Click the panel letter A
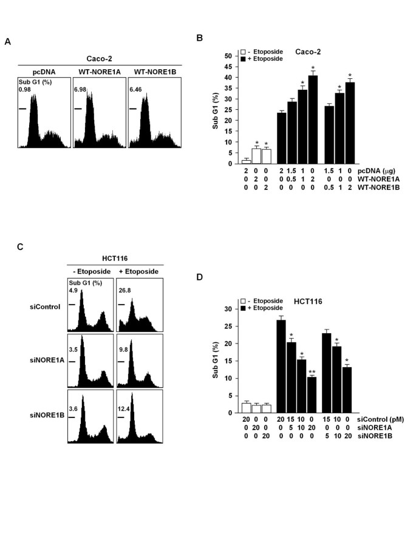pos(7,41)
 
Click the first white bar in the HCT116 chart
pos(246,407)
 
